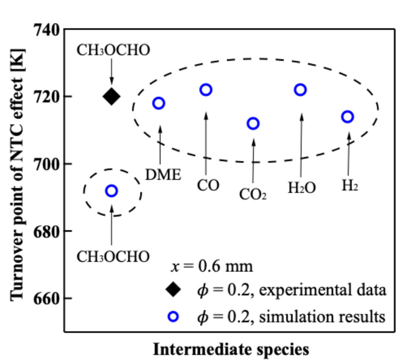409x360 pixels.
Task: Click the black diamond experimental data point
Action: point(112,97)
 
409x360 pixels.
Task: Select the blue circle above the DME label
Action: point(159,103)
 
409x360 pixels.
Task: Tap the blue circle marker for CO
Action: point(206,90)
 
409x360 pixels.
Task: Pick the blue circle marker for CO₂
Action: point(253,124)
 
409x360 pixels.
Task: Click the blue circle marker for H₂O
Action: point(301,90)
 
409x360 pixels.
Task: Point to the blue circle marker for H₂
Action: point(348,117)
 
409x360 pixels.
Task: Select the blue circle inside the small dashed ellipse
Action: point(112,191)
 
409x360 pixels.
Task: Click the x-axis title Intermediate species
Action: point(231,349)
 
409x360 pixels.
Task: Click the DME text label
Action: point(163,175)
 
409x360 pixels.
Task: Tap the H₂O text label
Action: point(302,187)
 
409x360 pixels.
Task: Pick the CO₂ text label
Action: point(253,194)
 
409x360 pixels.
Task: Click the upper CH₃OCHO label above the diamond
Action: point(113,50)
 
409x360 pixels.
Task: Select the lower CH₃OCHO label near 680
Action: point(113,257)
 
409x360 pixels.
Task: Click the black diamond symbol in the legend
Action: point(173,290)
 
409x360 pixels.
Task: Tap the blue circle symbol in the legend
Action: point(173,316)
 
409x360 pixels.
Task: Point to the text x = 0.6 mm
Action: point(212,267)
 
